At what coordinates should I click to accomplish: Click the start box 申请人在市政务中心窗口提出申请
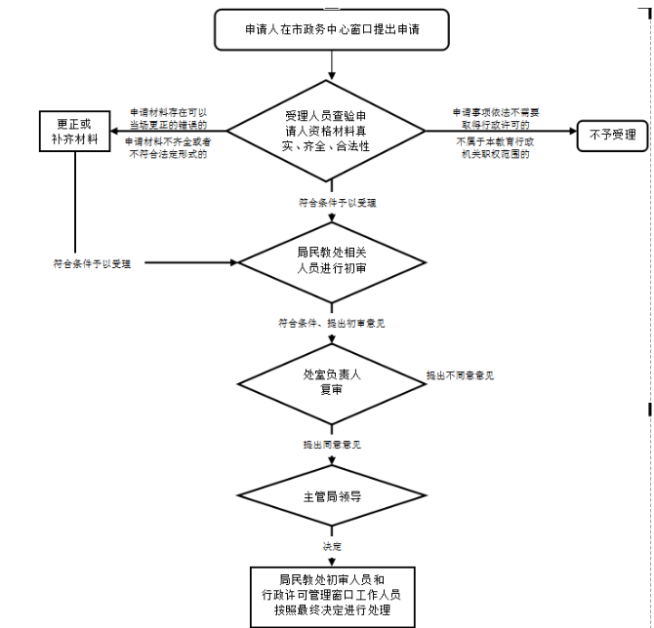point(332,30)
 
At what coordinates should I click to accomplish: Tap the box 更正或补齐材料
point(74,133)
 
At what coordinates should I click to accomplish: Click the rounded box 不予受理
point(612,135)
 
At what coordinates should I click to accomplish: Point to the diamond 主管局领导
point(332,495)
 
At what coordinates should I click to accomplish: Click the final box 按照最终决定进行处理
point(332,594)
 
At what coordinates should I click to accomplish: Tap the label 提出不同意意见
point(460,375)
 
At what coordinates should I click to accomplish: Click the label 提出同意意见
point(332,445)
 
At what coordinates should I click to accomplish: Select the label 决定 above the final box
point(332,546)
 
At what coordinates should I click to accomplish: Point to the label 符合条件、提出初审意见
point(332,322)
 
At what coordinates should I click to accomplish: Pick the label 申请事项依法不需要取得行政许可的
point(495,118)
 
